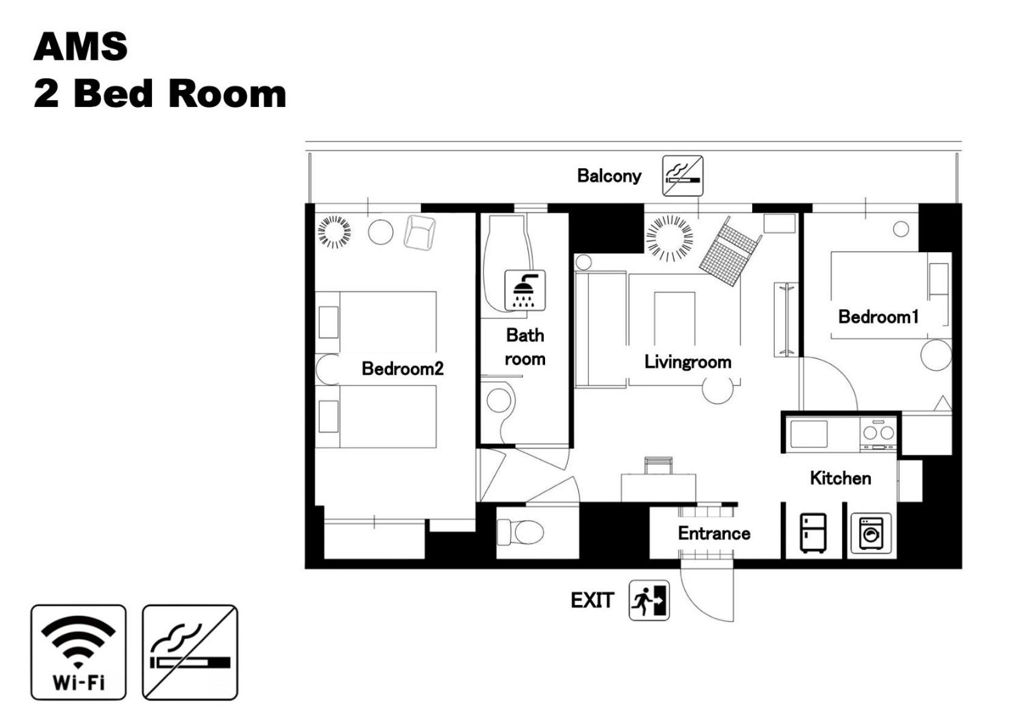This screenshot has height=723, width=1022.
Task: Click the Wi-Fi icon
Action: (78, 652)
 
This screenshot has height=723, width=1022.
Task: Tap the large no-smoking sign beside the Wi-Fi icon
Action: (190, 652)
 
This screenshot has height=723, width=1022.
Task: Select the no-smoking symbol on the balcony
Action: (682, 176)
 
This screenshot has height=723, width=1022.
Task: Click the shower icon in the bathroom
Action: (525, 290)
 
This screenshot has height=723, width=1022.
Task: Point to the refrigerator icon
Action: (813, 533)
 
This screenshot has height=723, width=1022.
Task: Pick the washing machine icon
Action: (871, 533)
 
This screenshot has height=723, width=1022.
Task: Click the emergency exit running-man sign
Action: (650, 600)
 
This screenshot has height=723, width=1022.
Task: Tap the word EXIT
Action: (592, 600)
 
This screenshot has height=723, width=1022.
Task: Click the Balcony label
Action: (609, 176)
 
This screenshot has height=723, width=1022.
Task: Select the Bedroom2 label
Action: (402, 368)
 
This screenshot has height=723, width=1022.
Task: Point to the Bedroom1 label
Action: (878, 317)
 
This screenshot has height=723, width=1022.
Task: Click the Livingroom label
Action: (688, 361)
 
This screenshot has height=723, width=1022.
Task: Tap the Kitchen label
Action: (840, 478)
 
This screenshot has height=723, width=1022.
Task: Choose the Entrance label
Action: (714, 533)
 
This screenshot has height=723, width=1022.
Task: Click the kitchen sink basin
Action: (809, 434)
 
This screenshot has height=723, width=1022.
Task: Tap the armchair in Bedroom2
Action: (420, 233)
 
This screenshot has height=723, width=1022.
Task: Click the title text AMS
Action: (81, 47)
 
